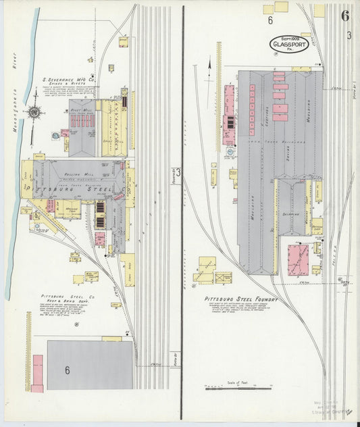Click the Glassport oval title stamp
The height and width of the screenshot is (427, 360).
tap(289, 45)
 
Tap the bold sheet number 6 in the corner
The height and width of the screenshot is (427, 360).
tap(345, 16)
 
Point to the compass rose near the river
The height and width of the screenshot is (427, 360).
tap(33, 111)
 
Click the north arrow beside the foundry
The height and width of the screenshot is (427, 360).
tap(210, 65)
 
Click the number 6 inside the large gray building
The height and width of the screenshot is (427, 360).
tap(68, 370)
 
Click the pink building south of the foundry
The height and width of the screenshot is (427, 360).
tap(297, 260)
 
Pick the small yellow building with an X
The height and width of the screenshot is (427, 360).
tap(223, 277)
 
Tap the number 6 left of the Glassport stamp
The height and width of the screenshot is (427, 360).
tap(269, 20)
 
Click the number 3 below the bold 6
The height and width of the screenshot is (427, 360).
tap(349, 35)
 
